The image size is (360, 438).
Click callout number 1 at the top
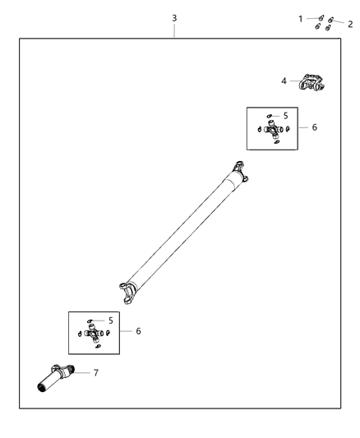[301, 17]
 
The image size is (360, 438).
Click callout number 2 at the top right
[350, 25]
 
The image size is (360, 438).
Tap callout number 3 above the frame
[173, 17]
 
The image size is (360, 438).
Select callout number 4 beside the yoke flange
[284, 81]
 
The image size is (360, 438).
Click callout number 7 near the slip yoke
[96, 373]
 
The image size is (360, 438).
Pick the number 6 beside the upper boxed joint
[314, 127]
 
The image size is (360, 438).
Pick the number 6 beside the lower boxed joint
[138, 331]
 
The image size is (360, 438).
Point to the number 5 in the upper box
[285, 116]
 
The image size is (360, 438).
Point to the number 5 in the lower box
[110, 320]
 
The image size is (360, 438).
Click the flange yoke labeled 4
[313, 82]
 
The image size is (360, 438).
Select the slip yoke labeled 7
[58, 377]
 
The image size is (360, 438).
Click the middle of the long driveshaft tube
[185, 231]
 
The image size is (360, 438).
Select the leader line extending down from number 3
[173, 30]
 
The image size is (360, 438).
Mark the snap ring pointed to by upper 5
[270, 117]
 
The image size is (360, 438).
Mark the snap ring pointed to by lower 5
[92, 320]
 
